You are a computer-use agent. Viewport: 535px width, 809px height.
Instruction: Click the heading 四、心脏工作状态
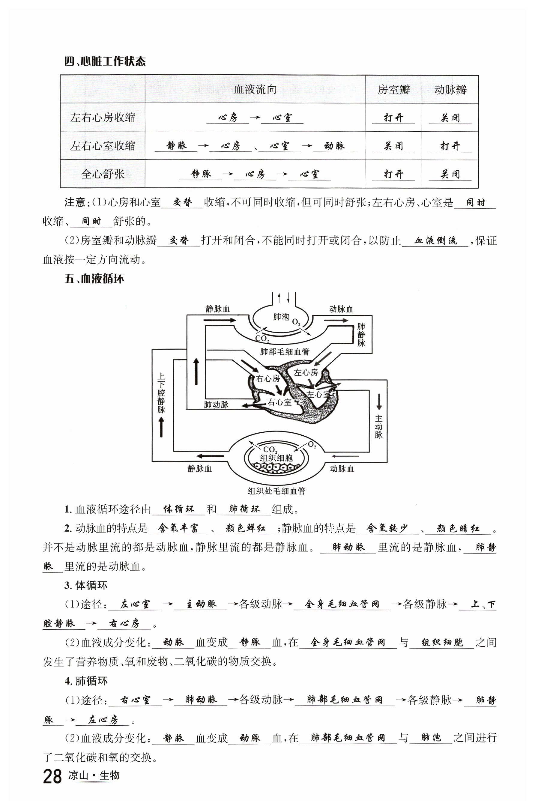click(x=105, y=61)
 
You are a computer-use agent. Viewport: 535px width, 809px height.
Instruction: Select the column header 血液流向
click(x=255, y=89)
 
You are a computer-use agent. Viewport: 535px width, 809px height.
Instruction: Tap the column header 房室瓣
click(x=393, y=90)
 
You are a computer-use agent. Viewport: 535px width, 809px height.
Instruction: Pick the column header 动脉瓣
click(x=450, y=90)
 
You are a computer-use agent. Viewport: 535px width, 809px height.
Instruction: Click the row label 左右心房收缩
click(x=103, y=118)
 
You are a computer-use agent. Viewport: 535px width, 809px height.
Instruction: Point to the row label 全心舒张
click(x=103, y=174)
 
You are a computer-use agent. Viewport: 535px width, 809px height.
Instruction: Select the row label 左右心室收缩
click(x=103, y=146)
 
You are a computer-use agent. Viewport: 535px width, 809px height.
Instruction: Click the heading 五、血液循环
click(x=94, y=279)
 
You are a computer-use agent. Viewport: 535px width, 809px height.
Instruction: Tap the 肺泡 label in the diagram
click(x=281, y=317)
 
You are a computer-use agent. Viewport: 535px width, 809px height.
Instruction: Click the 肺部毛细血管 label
click(x=285, y=352)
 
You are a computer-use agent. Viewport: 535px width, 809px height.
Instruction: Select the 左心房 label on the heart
click(x=306, y=372)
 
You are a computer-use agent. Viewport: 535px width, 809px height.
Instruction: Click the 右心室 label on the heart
click(x=279, y=402)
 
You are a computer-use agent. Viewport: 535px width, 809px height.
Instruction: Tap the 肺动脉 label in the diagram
click(x=216, y=404)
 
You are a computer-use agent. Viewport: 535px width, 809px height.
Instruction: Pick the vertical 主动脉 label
click(x=379, y=426)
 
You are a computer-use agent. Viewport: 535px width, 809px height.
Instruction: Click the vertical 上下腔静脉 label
click(x=161, y=393)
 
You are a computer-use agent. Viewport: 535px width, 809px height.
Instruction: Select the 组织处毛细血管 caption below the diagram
click(x=276, y=491)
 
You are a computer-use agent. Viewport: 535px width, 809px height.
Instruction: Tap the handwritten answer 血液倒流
click(x=435, y=240)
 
